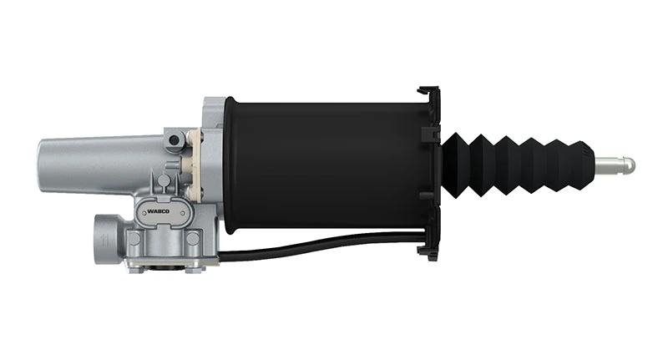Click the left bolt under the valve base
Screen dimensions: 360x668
(134, 266)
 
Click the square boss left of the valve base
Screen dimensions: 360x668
(133, 237)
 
